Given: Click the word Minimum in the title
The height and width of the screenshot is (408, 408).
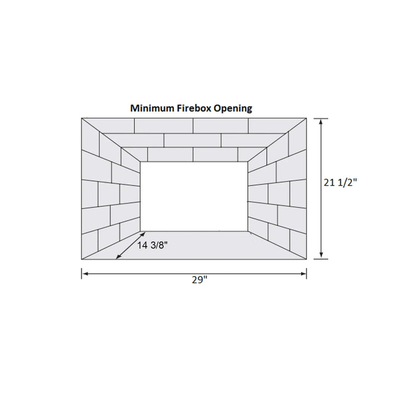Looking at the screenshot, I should tap(149, 109).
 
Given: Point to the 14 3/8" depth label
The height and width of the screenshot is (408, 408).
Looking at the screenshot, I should tap(152, 245).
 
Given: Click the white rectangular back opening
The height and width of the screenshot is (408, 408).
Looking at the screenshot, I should tap(194, 196).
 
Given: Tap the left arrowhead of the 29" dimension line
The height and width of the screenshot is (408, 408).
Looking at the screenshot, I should tap(84, 274).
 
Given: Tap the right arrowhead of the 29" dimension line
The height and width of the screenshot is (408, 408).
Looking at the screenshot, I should tap(304, 274).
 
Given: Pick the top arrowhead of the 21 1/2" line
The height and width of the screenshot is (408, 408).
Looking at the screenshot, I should tap(320, 121).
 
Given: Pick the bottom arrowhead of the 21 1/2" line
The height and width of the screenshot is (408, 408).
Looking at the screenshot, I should tap(320, 256).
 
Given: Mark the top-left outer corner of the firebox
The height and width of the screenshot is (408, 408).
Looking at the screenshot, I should tap(82, 118).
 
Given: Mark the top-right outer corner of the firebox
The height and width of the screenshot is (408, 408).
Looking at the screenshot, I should tap(307, 118).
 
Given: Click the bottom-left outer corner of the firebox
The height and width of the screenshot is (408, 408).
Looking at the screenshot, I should tap(82, 259).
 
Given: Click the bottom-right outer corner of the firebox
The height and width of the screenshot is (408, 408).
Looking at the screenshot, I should tap(307, 259).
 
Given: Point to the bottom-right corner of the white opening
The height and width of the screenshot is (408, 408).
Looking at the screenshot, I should tap(248, 231).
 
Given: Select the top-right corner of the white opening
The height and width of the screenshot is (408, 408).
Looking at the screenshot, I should tap(248, 162).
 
